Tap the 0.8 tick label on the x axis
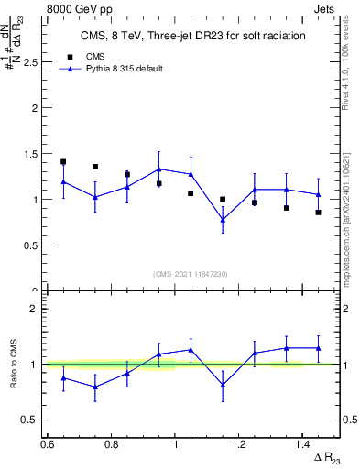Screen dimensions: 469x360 coord(112,444)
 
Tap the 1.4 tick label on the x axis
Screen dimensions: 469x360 coord(304,444)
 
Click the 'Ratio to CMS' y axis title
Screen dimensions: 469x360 coord(13,365)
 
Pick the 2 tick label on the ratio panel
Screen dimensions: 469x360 coord(33,310)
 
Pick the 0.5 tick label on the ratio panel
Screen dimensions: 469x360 coord(30,420)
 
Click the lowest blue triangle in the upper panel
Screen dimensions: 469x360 coord(223,220)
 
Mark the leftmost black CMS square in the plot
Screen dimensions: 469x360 coord(63,162)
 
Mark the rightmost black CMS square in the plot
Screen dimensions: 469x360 coord(318,213)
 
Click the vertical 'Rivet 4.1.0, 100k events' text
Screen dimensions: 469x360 coord(345,69)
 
